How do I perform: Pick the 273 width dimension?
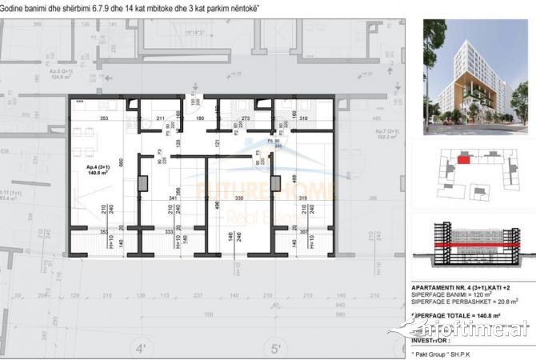(x=246, y=119)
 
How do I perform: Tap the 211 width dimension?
(x=160, y=119)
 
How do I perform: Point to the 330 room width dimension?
(x=238, y=198)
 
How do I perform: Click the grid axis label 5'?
(x=277, y=350)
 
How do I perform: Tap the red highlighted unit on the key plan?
(x=464, y=159)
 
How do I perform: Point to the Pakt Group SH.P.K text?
(x=450, y=351)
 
